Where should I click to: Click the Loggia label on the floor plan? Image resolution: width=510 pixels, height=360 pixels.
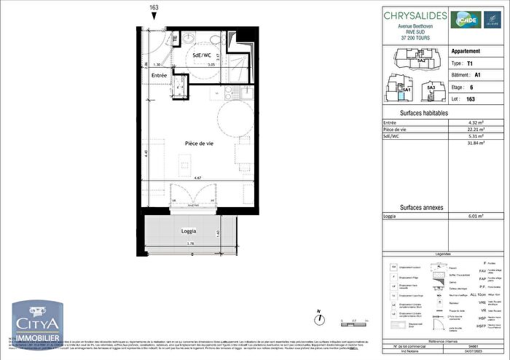point(189,231)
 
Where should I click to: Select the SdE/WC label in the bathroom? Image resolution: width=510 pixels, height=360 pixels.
point(202,55)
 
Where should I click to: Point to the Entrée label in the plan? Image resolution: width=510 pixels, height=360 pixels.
point(160,76)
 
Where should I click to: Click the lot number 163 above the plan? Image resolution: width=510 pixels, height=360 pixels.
point(154,8)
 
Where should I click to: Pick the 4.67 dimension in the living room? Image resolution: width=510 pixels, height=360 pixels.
point(197,178)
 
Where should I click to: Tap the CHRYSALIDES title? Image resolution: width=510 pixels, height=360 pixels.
point(412,17)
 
